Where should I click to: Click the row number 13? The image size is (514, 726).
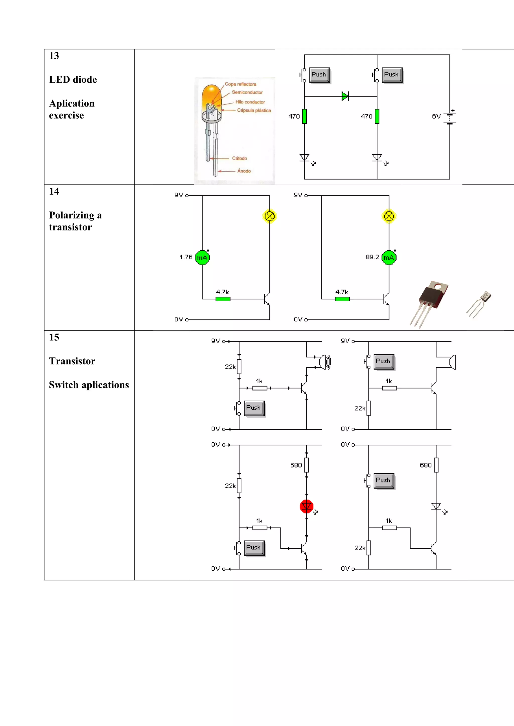[54, 56]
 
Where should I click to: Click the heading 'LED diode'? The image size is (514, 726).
[73, 80]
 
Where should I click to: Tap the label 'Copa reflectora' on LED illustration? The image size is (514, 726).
[240, 84]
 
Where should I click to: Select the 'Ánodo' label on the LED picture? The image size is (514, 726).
[244, 171]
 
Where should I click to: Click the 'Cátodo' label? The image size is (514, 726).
[239, 158]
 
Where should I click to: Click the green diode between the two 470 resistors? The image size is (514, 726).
[345, 96]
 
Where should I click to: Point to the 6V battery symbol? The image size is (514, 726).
[449, 117]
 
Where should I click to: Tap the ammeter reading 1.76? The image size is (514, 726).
[186, 257]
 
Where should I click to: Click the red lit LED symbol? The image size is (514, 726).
[306, 506]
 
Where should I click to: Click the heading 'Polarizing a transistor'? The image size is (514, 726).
[75, 221]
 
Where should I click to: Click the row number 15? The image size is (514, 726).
[54, 337]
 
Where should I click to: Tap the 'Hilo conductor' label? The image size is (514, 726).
[250, 102]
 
